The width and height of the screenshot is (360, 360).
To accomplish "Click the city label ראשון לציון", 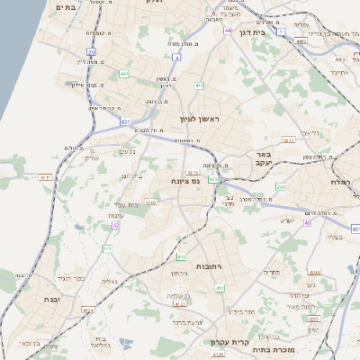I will coord(199,118).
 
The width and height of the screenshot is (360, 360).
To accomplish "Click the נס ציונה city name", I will coord(185,181).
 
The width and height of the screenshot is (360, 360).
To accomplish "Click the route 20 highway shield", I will coord(92,52).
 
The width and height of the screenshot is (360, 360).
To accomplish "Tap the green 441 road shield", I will coord(123,73).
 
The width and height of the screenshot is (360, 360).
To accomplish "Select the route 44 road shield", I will coord(228,31).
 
